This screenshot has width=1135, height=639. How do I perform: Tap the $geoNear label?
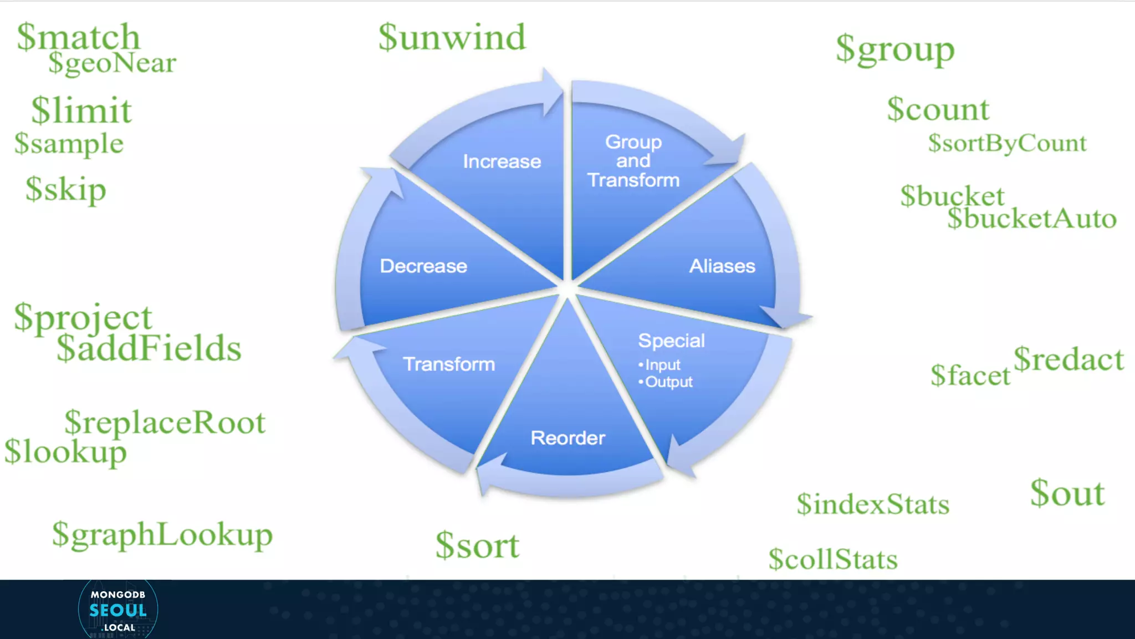click(x=112, y=63)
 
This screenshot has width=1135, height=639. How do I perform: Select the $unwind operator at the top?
click(x=452, y=38)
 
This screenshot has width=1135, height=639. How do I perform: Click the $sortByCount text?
click(x=1007, y=143)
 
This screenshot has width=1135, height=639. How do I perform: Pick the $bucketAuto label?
click(x=1031, y=219)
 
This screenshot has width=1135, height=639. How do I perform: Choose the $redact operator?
click(x=1068, y=359)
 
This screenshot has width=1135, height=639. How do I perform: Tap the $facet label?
click(x=970, y=376)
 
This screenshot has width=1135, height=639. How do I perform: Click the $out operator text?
click(x=1067, y=493)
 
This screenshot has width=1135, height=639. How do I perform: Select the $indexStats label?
click(x=873, y=504)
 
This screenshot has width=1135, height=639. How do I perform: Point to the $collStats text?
click(x=832, y=559)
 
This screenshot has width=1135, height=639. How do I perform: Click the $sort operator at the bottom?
click(x=477, y=545)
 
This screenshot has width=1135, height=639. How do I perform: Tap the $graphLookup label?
click(x=162, y=535)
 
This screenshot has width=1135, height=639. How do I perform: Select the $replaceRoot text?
click(x=165, y=423)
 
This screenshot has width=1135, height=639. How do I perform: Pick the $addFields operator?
click(x=149, y=348)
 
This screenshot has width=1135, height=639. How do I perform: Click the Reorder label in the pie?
click(x=567, y=438)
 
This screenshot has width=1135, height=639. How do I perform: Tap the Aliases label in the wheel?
click(x=722, y=266)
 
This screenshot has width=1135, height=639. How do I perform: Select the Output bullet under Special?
click(x=668, y=382)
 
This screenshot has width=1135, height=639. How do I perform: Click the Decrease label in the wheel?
click(x=423, y=266)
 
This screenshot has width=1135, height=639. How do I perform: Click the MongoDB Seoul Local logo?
click(x=118, y=610)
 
